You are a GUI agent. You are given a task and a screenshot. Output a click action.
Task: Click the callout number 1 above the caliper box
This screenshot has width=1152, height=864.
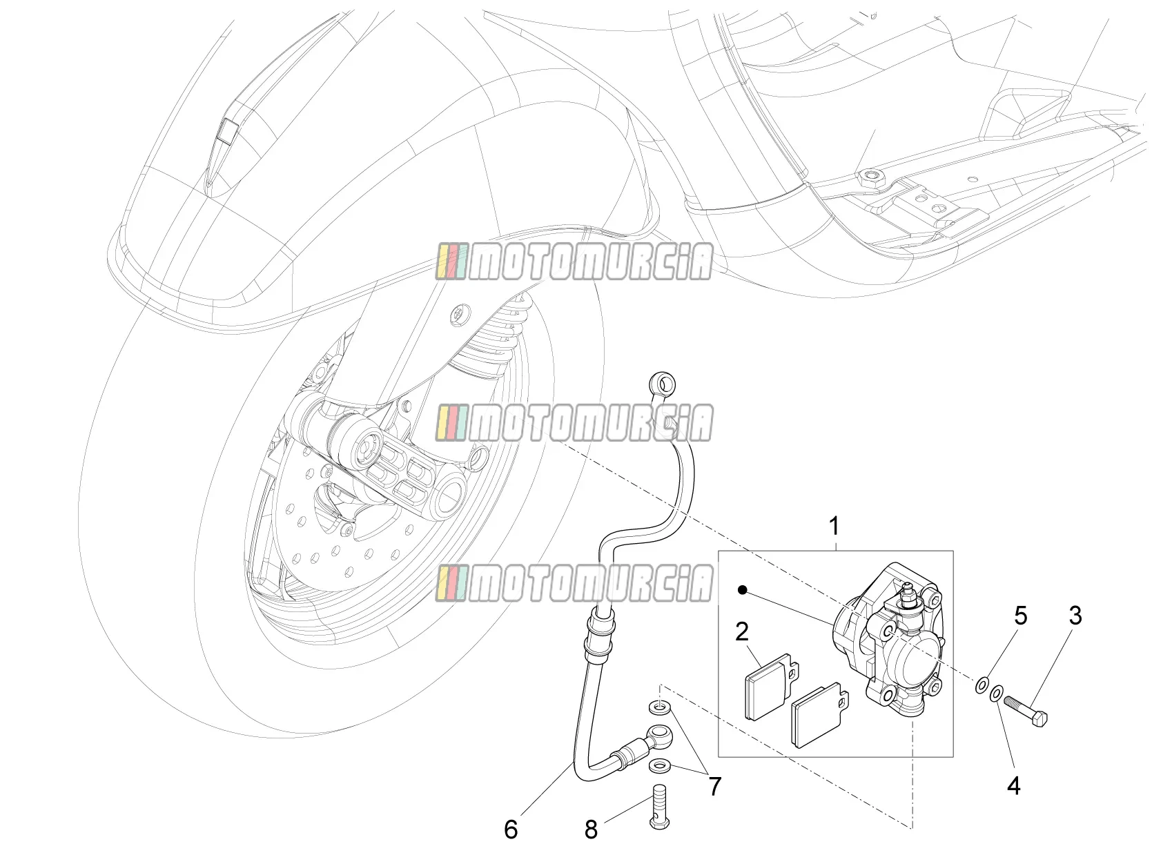(834, 526)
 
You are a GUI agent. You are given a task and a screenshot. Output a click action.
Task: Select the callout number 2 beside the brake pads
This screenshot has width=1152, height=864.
(741, 631)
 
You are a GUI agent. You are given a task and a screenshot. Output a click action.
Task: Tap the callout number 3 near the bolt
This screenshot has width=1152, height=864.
(1075, 615)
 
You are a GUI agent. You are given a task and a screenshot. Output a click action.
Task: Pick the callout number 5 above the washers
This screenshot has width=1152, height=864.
(1020, 616)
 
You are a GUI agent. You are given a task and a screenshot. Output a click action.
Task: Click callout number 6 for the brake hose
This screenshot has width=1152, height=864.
(511, 829)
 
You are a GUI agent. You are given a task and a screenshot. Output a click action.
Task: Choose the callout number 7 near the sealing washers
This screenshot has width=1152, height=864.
(715, 786)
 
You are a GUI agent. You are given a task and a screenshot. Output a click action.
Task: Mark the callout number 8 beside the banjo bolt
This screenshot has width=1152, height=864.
(591, 830)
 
